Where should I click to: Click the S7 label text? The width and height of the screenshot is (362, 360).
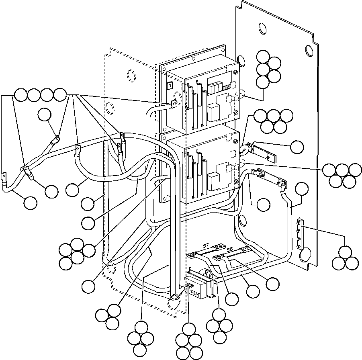[205, 245]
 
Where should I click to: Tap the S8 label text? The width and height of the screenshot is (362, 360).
[229, 250]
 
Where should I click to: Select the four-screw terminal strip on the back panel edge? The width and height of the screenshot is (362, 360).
[299, 234]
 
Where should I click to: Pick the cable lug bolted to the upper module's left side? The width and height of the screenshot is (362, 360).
[174, 104]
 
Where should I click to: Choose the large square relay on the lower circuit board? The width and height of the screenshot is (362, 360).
[212, 177]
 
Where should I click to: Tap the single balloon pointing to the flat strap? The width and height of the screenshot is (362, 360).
[297, 147]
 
